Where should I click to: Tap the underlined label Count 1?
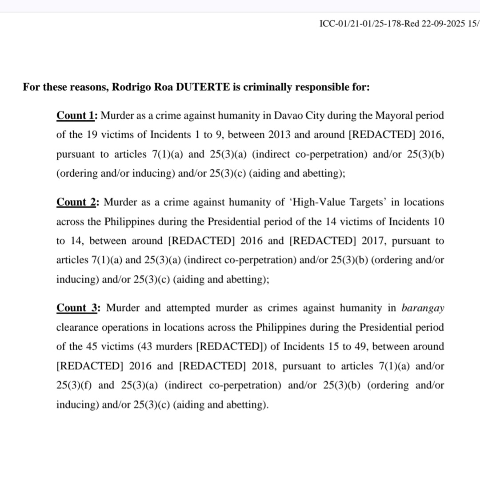76,116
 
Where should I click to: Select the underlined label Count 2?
76,202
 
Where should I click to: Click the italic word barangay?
422,308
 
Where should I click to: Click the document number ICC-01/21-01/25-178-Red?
369,24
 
